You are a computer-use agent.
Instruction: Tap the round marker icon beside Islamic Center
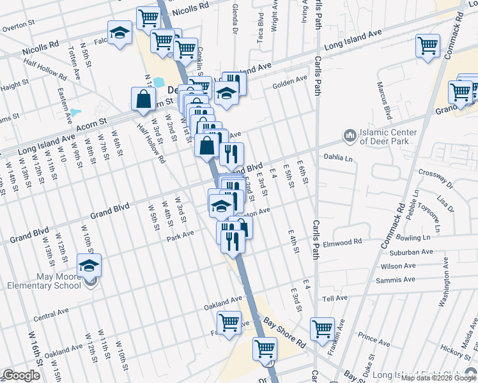click(350, 136)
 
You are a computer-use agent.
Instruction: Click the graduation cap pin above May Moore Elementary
click(89, 266)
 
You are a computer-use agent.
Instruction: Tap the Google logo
click(21, 375)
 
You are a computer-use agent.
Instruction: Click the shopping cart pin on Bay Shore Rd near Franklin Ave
click(323, 330)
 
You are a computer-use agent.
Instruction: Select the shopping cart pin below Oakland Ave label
click(229, 324)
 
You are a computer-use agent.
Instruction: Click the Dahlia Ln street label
click(339, 158)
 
